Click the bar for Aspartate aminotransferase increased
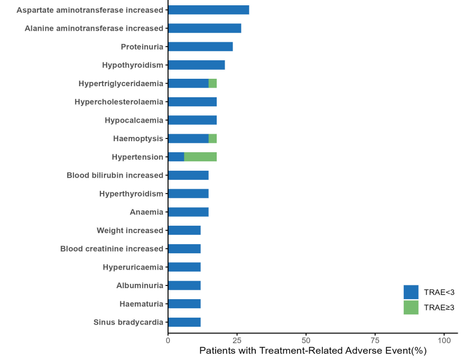(208, 10)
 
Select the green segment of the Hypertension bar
(200, 157)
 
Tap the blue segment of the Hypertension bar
(176, 157)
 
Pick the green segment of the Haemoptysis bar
(212, 139)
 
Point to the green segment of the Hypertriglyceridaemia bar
(212, 84)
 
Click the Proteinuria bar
(200, 47)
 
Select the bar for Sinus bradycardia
(184, 322)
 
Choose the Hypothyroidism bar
(196, 65)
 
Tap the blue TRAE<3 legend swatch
(411, 292)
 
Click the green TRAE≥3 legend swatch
(411, 308)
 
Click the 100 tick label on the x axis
(444, 341)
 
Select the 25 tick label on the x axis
(237, 341)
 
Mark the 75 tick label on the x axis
(375, 341)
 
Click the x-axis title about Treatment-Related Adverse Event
(313, 351)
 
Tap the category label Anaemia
(146, 212)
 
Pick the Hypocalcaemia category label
(134, 120)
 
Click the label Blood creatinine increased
(112, 249)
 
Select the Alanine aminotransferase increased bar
(205, 29)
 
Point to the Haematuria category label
(141, 304)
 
